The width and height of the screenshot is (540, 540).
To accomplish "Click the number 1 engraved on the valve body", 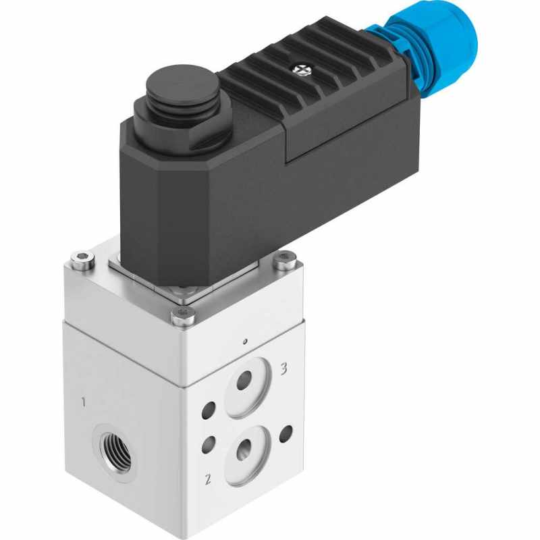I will tap(83, 403).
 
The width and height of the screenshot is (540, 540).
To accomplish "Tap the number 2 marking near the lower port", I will tap(208, 480).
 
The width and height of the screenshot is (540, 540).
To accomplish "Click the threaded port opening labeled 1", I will tap(114, 448).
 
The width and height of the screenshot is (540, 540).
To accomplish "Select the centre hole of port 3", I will tap(243, 383).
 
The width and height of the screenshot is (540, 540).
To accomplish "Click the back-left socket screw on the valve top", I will tap(82, 257).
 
